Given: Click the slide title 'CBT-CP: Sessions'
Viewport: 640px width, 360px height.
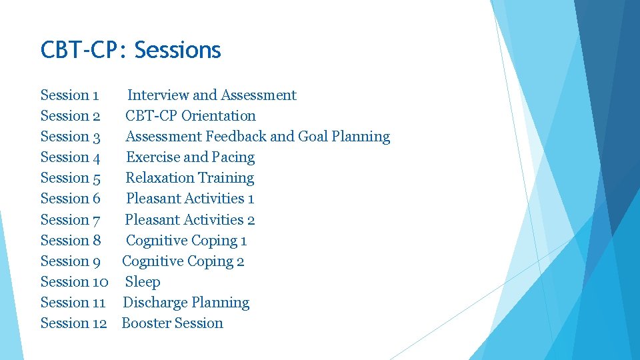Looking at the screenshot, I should coord(131,50).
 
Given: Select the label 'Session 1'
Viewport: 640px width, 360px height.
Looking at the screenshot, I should coord(69,95).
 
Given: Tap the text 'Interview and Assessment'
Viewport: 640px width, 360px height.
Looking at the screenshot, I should coord(211,95).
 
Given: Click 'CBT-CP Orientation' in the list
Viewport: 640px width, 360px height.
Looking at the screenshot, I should coord(190,116).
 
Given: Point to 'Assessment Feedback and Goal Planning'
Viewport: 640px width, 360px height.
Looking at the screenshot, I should coord(257,137).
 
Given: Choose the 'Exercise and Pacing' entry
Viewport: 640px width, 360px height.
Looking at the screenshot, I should coord(190,157).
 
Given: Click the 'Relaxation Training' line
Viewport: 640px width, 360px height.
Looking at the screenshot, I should coord(189,178).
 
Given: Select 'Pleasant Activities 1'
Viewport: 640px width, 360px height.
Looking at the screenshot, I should coord(189,199).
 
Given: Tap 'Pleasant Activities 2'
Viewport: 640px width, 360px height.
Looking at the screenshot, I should coord(189,219).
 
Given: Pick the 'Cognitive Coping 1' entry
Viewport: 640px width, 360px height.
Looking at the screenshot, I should coord(186,241).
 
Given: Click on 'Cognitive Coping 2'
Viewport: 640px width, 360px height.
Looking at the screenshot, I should coord(183,261).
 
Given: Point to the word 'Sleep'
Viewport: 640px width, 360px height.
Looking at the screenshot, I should coord(143,282).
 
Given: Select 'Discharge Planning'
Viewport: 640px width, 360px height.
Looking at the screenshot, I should coord(186,303).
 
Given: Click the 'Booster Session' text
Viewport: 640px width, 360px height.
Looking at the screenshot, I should coord(172,323).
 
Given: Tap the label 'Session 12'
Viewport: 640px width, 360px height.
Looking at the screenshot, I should coord(73,323).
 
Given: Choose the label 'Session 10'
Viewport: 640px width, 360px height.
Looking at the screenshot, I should coord(74,282).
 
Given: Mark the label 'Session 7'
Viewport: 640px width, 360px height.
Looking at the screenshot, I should coord(70,219).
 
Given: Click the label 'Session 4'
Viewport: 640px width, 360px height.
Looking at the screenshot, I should coord(70,157).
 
